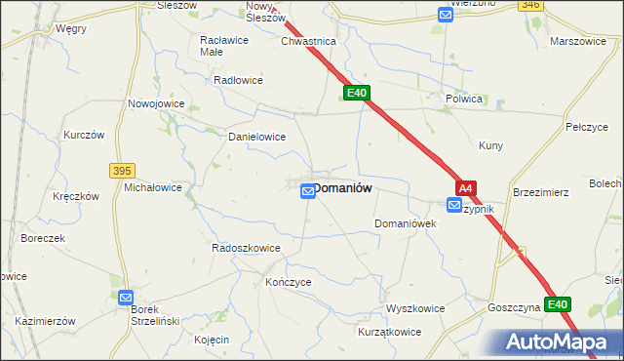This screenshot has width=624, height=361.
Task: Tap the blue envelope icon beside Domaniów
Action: [x=308, y=192]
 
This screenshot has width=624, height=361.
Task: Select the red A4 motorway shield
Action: [x=466, y=188]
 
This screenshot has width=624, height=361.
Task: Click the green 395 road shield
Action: [x=122, y=170]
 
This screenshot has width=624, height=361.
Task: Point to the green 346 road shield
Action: [x=530, y=5]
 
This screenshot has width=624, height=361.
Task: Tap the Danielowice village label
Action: [x=256, y=138]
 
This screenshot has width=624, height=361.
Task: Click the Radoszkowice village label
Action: [x=247, y=248]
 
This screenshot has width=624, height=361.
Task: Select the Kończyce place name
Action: [x=260, y=281]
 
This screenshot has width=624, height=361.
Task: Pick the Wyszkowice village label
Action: [x=415, y=308]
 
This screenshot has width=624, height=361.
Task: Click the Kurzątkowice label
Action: [x=389, y=332]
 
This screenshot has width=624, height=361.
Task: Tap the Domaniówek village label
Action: [x=405, y=223]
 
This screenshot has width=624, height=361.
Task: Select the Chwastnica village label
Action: [x=308, y=42]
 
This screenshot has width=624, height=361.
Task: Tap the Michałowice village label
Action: [x=153, y=186]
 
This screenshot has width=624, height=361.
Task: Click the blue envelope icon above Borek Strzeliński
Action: [x=126, y=297]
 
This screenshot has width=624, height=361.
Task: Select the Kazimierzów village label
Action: [x=46, y=321]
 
